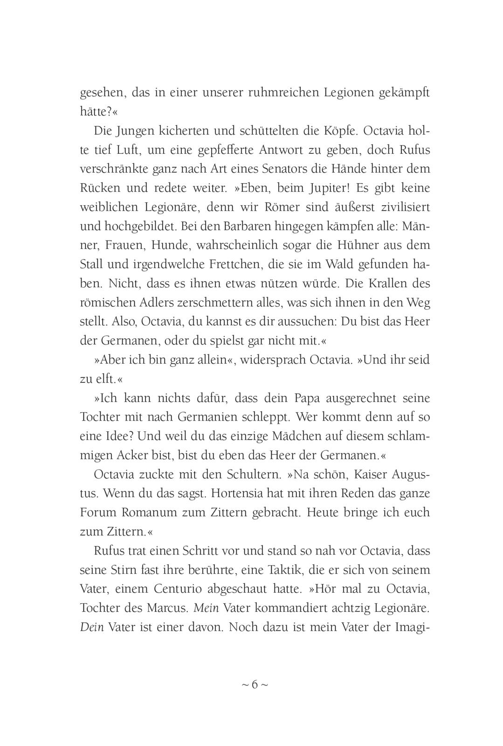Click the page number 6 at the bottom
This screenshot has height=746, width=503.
[x=255, y=685]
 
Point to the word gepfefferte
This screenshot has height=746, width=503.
[x=251, y=150]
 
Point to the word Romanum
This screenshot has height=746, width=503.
[x=149, y=513]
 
